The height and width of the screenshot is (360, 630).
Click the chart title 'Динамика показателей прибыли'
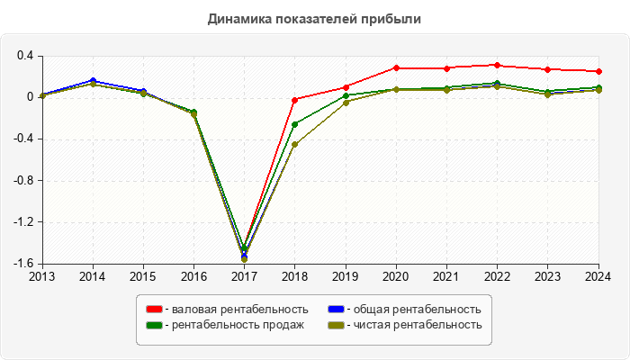[x=315, y=19]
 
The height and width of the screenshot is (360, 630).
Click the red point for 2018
[x=295, y=100]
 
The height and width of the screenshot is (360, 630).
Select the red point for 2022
[x=498, y=65]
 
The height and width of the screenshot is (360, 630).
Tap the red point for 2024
[x=599, y=72]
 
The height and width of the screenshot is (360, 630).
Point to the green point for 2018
[x=295, y=124]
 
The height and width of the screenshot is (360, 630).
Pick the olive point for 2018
[x=295, y=144]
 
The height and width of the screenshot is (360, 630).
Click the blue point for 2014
[x=93, y=81]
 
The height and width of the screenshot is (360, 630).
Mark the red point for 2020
[x=396, y=67]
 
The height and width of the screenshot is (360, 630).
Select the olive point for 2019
[x=346, y=103]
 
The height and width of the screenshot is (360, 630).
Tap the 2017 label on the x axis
[x=244, y=276]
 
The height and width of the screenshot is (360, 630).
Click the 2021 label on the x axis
[x=447, y=276]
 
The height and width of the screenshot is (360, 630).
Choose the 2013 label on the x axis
[x=42, y=276]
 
